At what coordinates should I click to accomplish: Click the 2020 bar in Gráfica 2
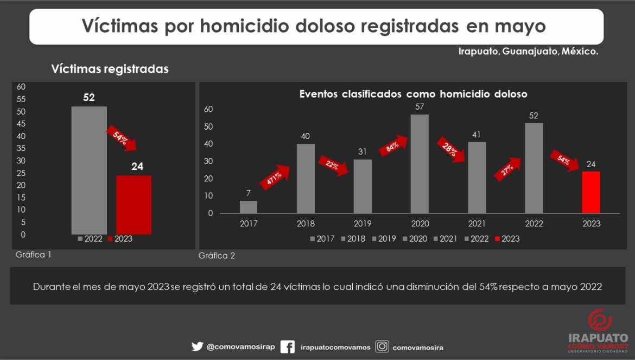pyautogui.click(x=420, y=163)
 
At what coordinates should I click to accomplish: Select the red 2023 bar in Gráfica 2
pyautogui.click(x=590, y=192)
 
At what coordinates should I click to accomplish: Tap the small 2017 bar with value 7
pyautogui.click(x=249, y=207)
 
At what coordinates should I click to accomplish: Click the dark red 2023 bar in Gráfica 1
pyautogui.click(x=134, y=205)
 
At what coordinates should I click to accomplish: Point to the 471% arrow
pyautogui.click(x=275, y=178)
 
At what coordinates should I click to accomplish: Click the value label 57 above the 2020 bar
pyautogui.click(x=420, y=107)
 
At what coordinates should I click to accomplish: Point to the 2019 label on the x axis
pyautogui.click(x=363, y=224)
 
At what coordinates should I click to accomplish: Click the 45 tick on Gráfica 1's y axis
pyautogui.click(x=22, y=124)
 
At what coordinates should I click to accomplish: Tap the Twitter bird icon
pyautogui.click(x=197, y=346)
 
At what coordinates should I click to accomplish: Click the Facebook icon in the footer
pyautogui.click(x=288, y=346)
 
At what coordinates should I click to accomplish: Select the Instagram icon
pyautogui.click(x=383, y=346)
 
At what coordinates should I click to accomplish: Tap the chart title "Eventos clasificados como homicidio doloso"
pyautogui.click(x=413, y=94)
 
